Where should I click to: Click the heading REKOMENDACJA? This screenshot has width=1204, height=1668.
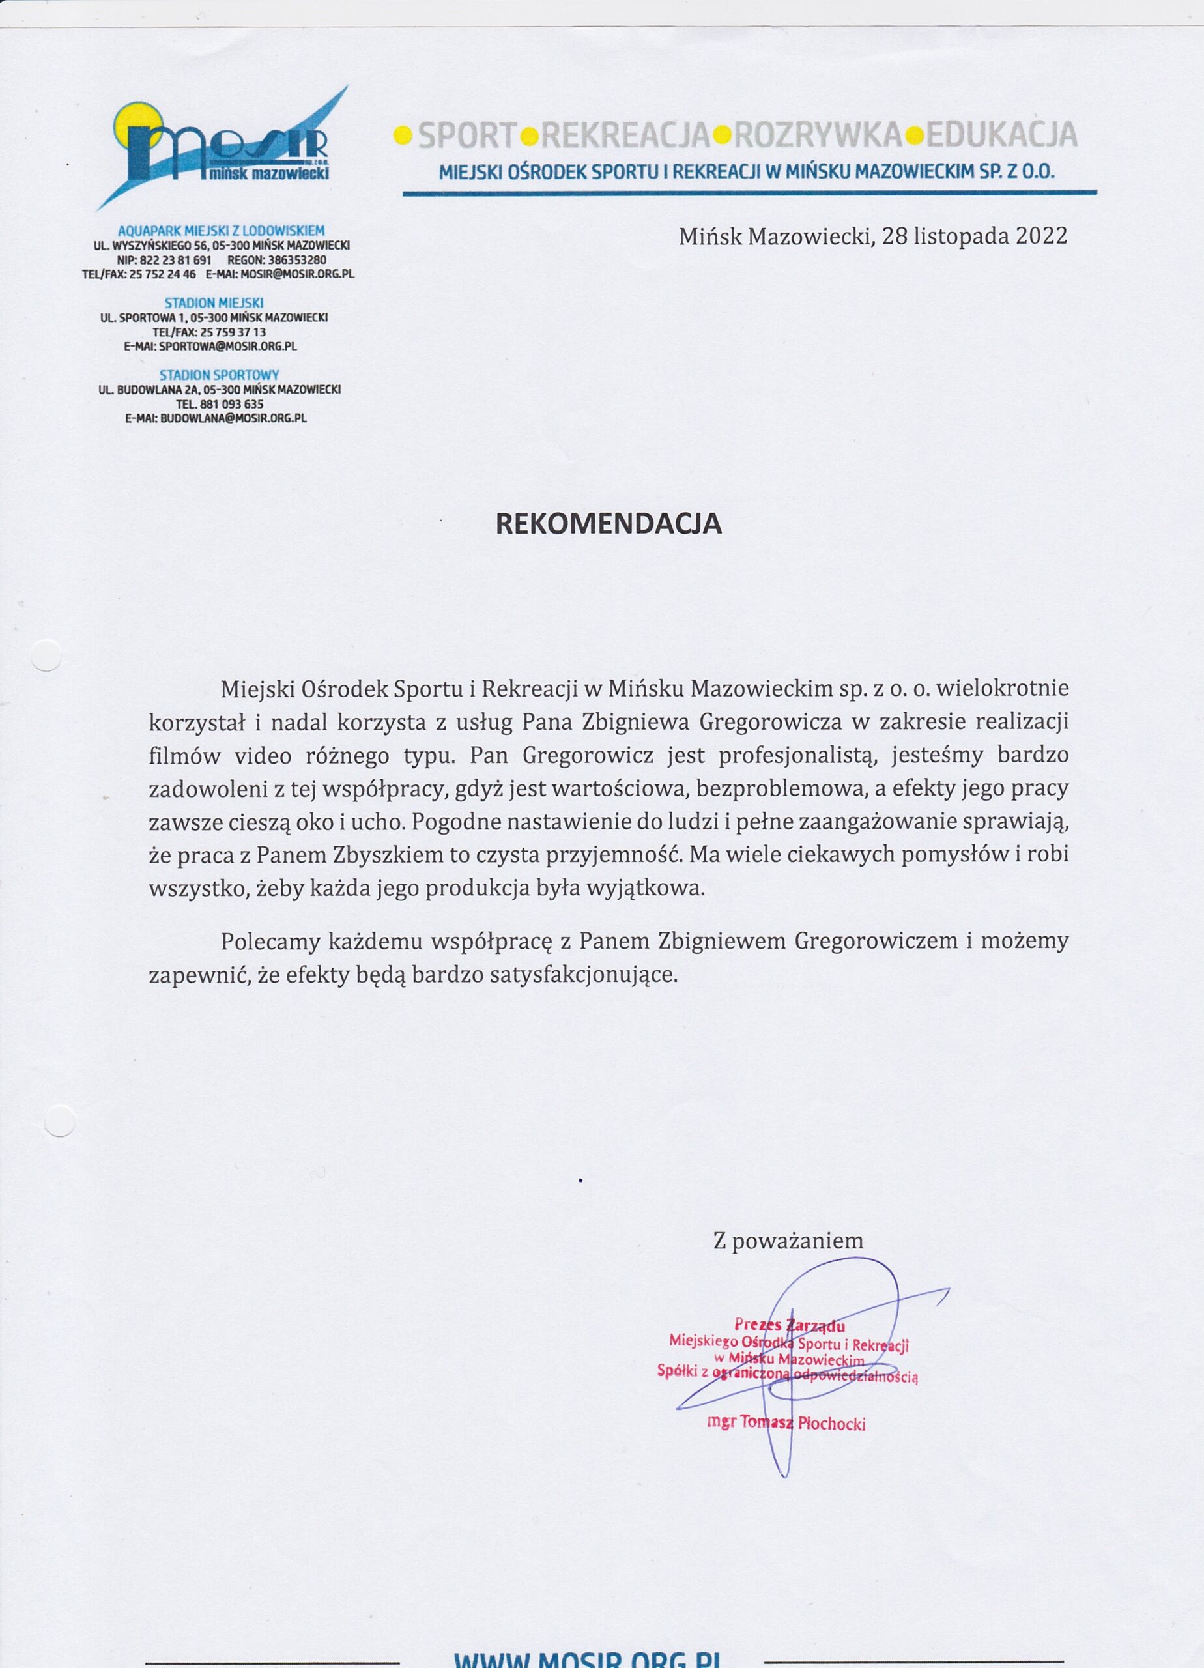click(x=609, y=524)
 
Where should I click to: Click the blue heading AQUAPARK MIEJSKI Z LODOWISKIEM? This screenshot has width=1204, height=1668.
click(x=222, y=231)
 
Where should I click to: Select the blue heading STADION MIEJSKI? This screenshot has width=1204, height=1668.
click(x=214, y=303)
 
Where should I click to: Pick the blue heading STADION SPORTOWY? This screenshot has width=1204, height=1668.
click(x=219, y=375)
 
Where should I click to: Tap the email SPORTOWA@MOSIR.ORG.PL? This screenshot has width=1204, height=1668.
click(x=228, y=347)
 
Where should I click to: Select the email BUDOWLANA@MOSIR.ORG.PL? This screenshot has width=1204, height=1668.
click(x=233, y=418)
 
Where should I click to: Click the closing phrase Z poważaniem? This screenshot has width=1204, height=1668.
click(x=788, y=1241)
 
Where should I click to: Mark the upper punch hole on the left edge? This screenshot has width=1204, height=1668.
click(x=46, y=655)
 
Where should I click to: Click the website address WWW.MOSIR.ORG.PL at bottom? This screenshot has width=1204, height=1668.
click(x=586, y=1658)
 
